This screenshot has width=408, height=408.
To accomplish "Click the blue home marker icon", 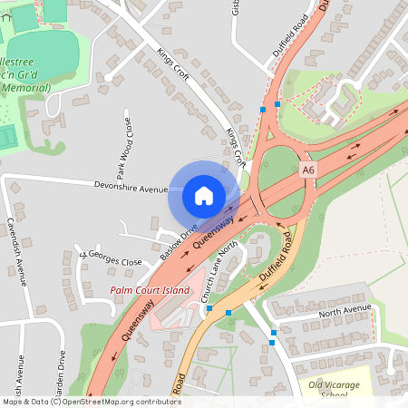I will tap(203, 195).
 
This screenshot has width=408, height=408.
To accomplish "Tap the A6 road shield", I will tap(309, 170).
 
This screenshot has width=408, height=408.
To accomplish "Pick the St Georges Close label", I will tap(110, 257).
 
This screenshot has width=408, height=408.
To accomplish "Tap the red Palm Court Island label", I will tap(151, 290).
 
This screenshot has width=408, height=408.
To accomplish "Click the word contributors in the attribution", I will tap(152, 401).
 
